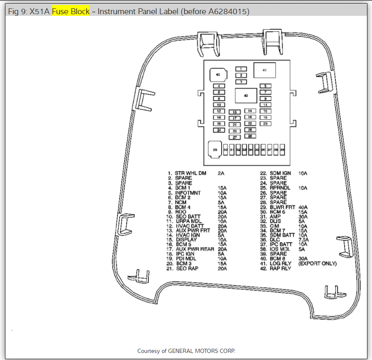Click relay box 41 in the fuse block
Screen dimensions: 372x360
[x=264, y=70]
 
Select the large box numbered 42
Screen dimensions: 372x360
[x=246, y=95]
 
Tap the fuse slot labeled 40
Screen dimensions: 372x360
[x=217, y=75]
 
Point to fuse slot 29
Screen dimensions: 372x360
[x=215, y=149]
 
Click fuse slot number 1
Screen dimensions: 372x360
[x=241, y=69]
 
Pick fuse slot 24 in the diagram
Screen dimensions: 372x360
[x=219, y=130]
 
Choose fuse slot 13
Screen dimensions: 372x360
[x=235, y=112]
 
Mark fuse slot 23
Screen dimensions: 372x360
[x=265, y=123]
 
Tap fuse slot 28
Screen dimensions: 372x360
[x=250, y=136]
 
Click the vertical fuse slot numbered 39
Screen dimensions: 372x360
[x=282, y=149]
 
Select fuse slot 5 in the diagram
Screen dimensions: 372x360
[x=265, y=86]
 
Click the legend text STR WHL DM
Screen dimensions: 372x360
[x=190, y=173]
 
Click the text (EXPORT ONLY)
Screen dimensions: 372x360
[x=317, y=263]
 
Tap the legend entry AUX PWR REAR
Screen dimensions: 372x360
[x=195, y=249]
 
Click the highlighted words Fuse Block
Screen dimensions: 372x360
[x=71, y=12]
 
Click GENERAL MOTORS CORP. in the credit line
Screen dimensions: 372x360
[x=204, y=351]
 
